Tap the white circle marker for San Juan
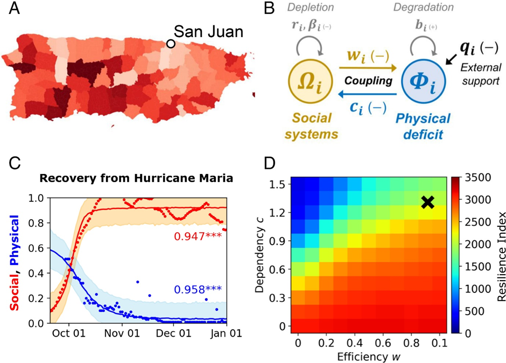[171, 44]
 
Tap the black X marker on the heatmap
[428, 202]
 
